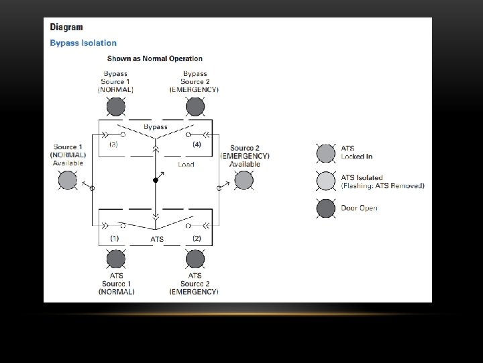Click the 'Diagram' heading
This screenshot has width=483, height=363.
point(67,28)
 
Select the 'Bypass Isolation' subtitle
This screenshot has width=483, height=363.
point(83,43)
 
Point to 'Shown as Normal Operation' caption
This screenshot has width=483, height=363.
point(155,59)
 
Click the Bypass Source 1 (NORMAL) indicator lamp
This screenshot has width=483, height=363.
point(116,107)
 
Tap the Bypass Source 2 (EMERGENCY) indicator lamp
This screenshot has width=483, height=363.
point(195,107)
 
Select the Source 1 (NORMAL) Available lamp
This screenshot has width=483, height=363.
point(68,180)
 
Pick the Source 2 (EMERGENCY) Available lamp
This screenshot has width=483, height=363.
point(244,180)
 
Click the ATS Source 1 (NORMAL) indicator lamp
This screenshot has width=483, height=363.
point(116,259)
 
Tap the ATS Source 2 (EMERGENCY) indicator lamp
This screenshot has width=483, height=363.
point(195,259)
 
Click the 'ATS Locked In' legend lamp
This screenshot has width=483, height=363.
point(327,153)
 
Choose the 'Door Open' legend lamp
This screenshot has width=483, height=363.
point(327,208)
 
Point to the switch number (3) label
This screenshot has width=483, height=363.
point(113,145)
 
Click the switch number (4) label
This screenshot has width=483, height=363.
point(197,145)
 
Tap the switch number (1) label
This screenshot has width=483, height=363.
point(114,238)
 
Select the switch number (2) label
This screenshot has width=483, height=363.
point(197,238)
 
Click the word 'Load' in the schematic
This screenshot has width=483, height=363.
point(186,164)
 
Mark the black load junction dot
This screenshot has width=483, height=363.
point(155,180)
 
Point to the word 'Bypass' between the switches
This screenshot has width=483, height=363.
point(156,127)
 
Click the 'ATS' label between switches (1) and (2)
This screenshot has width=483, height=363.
point(156,239)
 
